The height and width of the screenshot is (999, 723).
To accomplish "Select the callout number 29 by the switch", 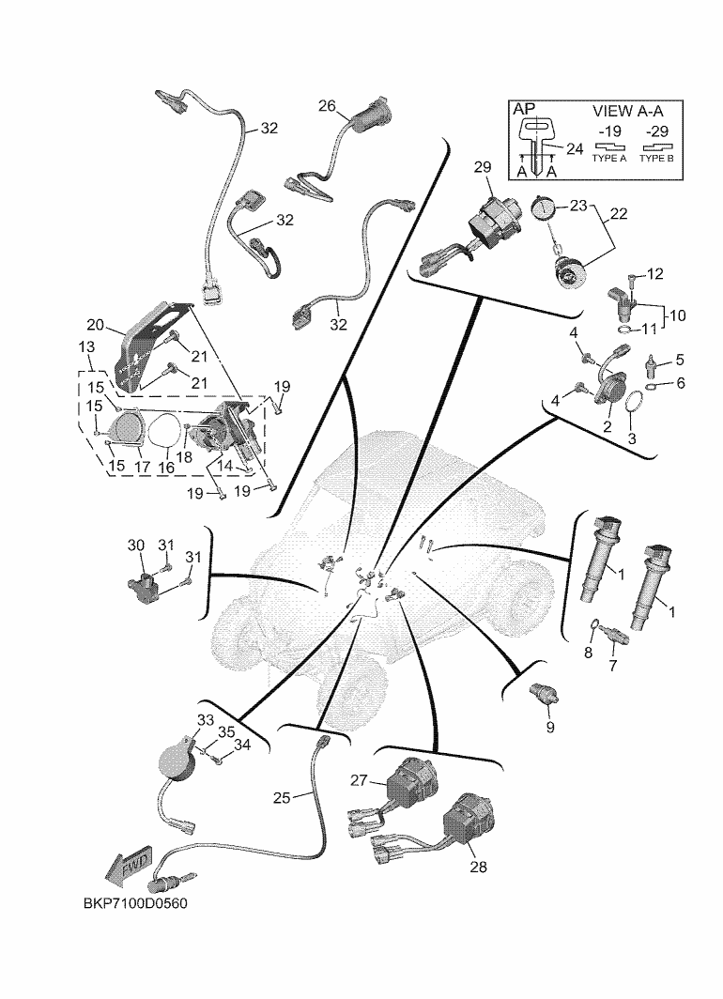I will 483,168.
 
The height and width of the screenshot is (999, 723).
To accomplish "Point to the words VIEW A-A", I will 630,110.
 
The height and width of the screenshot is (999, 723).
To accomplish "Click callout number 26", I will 327,106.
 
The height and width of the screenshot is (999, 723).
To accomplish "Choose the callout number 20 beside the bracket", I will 95,325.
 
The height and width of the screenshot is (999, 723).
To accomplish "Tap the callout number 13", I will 86,346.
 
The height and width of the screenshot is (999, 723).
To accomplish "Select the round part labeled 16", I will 164,433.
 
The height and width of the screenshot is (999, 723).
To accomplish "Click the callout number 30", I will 135,546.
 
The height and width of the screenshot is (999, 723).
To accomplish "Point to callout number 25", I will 283,797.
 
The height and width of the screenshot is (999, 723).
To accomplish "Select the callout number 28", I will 478,868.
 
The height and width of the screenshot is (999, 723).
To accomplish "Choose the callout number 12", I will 655,274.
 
